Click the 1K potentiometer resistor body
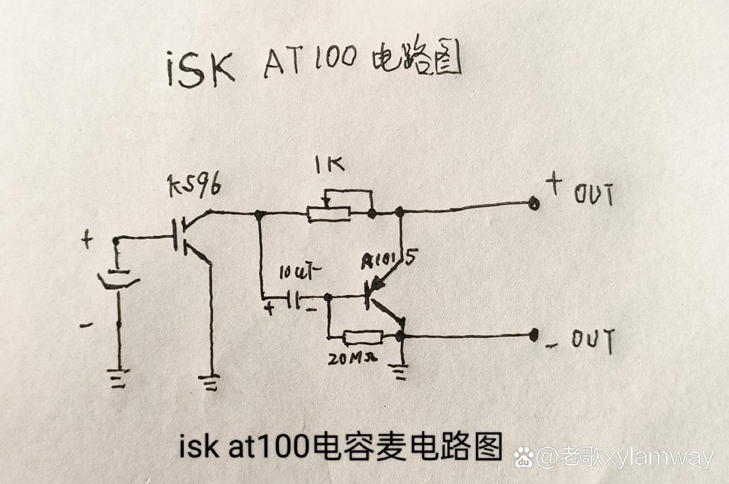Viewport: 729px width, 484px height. [x=329, y=213]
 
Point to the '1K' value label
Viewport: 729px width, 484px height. [x=329, y=165]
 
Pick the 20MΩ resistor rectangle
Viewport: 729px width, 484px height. [x=363, y=337]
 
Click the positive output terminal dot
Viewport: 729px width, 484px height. [x=534, y=203]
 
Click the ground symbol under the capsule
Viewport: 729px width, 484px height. [x=119, y=378]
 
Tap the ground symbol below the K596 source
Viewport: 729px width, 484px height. [x=210, y=382]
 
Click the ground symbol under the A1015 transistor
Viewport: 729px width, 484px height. [x=400, y=370]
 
